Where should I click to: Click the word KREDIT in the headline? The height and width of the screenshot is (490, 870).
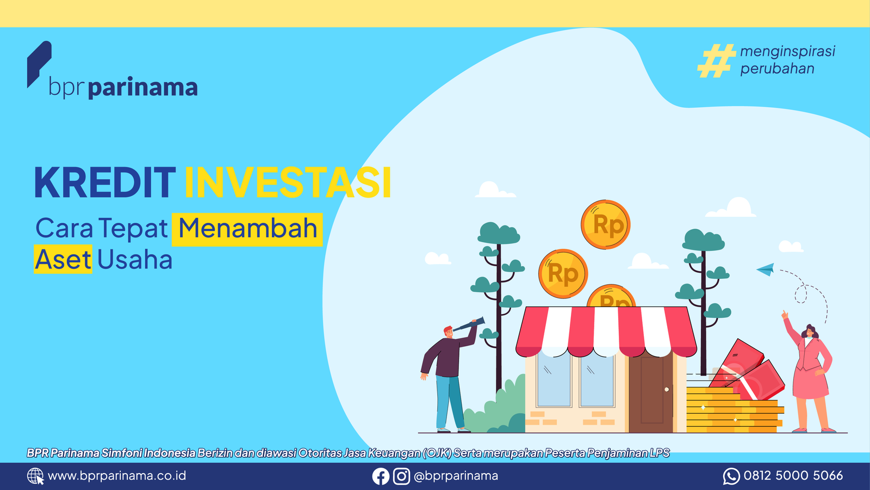(x=105, y=182)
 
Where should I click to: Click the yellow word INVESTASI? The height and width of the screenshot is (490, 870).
(x=288, y=182)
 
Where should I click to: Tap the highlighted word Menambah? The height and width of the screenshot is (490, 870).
(x=247, y=229)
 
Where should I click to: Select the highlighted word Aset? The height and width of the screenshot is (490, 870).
(x=63, y=259)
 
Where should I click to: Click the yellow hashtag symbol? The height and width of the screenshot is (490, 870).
(x=717, y=60)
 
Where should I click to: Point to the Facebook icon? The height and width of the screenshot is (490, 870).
(x=381, y=476)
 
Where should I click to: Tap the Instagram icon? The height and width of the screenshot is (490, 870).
(x=401, y=476)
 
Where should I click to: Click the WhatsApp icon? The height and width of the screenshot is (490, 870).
(x=731, y=476)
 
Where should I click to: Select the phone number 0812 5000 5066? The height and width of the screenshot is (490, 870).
(x=793, y=476)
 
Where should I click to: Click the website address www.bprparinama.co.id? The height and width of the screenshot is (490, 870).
(x=117, y=476)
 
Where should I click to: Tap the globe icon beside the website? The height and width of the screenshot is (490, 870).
(x=35, y=476)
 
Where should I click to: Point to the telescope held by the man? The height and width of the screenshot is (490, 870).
(x=469, y=324)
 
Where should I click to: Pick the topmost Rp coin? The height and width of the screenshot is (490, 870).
(x=606, y=224)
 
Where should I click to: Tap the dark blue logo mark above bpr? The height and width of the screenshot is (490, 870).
(x=39, y=64)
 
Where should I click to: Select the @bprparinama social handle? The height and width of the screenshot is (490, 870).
(x=456, y=476)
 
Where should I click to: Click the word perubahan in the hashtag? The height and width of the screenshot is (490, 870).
(x=777, y=69)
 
